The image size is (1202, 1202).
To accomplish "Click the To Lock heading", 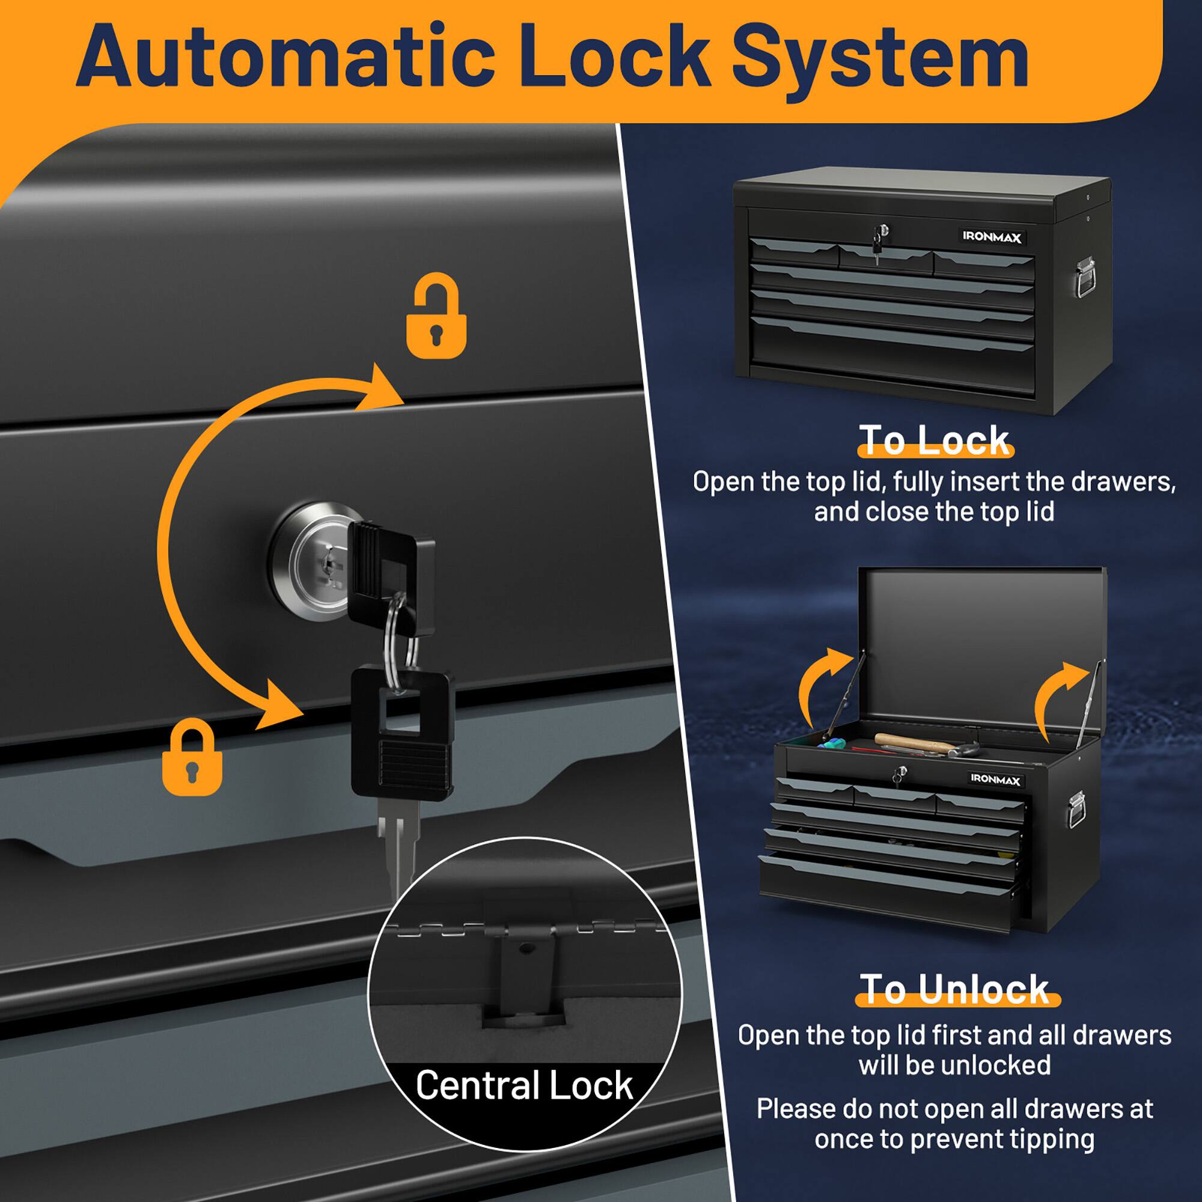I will [x=934, y=441].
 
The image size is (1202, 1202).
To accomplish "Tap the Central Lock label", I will [x=524, y=1085].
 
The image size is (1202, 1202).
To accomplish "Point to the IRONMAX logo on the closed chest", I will [x=992, y=236].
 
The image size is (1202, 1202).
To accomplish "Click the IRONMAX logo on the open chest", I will [x=995, y=779].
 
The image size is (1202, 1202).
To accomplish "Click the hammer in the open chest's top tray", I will [x=915, y=742].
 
